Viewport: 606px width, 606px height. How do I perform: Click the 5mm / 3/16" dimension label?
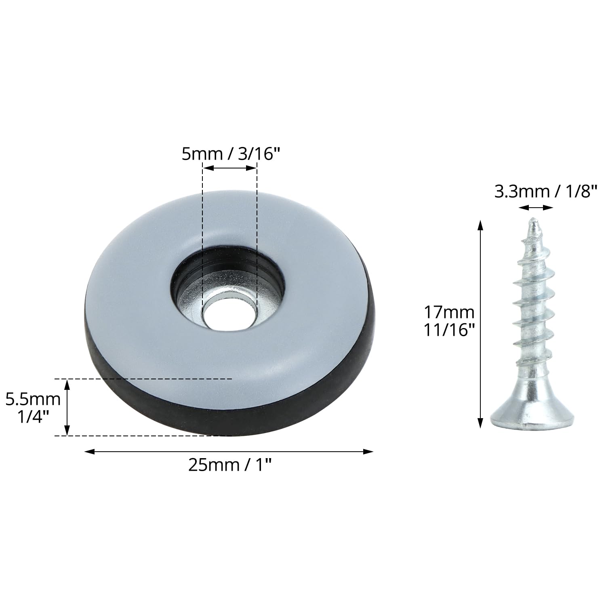(231, 154)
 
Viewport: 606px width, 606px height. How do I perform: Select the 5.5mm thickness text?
(33, 400)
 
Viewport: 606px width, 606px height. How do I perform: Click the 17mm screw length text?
(448, 312)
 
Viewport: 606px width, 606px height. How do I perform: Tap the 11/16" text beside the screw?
(449, 331)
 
